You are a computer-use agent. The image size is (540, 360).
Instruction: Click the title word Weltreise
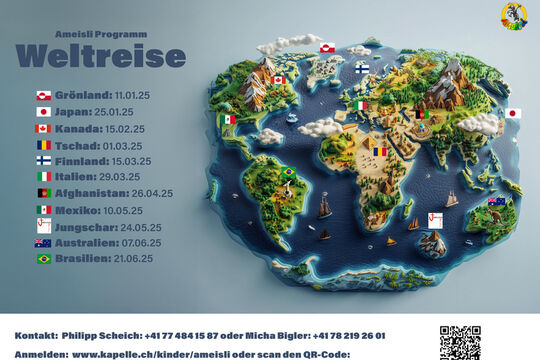(101, 54)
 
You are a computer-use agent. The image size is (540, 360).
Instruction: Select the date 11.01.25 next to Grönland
(132, 95)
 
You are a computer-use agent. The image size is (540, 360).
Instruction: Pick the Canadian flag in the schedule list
(43, 128)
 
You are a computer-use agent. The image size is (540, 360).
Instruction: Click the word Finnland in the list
(81, 161)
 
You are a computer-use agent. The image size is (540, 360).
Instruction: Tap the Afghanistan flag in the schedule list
(43, 193)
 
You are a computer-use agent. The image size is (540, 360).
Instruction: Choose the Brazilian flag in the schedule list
(43, 259)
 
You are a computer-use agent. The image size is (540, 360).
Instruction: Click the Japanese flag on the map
(513, 114)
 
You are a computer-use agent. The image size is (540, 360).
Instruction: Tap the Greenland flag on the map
(327, 47)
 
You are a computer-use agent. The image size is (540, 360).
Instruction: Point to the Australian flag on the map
(496, 202)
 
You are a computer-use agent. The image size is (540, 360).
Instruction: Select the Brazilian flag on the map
(289, 172)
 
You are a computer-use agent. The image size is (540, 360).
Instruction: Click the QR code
(460, 342)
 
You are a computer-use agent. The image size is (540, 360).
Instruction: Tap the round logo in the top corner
(514, 16)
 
